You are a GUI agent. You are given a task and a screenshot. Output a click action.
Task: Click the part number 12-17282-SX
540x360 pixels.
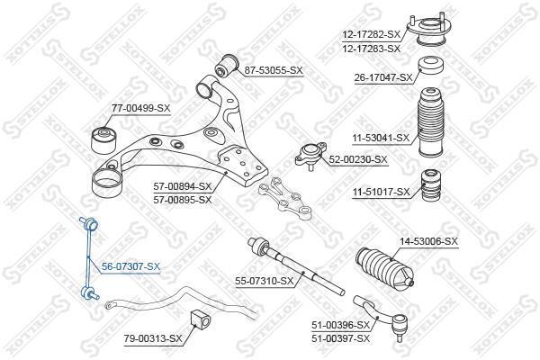[x=371, y=34]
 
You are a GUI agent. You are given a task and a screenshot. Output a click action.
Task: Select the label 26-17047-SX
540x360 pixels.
[x=383, y=78]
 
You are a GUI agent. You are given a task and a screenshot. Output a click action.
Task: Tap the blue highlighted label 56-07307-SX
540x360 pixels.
[x=130, y=266]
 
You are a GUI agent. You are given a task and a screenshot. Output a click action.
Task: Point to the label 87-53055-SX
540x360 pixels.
[x=274, y=70]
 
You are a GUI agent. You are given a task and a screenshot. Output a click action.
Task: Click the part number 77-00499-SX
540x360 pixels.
[x=141, y=108]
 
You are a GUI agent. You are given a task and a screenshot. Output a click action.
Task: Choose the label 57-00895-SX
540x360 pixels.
[x=183, y=200]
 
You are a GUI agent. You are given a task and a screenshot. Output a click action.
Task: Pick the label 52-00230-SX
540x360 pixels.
[x=358, y=159]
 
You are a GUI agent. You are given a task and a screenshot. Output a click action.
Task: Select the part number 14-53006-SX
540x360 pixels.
[x=428, y=241]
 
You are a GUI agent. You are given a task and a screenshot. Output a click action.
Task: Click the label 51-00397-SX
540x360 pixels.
[x=340, y=338]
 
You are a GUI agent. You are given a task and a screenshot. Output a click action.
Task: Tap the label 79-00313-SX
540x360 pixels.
[x=153, y=338]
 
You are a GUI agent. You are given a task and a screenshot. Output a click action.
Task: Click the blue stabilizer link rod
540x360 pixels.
[x=89, y=258]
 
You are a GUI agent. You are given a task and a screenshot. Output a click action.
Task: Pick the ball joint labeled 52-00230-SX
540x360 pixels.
[x=310, y=156]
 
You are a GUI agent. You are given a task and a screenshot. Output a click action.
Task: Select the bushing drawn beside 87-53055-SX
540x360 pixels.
[x=228, y=65]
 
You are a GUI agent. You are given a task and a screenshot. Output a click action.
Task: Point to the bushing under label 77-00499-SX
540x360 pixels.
[x=104, y=139]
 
